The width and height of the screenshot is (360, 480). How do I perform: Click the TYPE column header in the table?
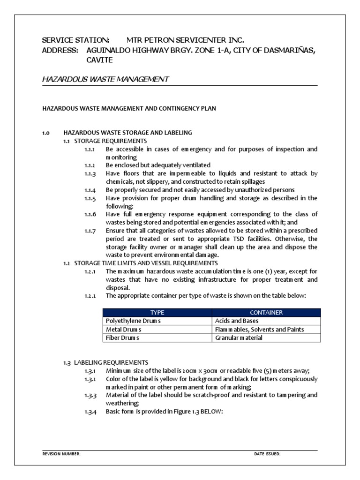click(x=157, y=313)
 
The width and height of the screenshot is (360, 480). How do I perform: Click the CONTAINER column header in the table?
click(x=266, y=313)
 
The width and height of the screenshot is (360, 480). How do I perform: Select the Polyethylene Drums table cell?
click(x=134, y=321)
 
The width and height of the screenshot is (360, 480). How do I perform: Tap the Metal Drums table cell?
click(x=124, y=330)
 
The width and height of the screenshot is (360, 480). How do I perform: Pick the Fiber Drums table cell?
click(x=123, y=338)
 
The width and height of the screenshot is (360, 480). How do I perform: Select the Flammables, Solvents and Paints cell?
click(x=259, y=330)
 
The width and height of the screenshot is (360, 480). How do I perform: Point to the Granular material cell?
click(x=239, y=338)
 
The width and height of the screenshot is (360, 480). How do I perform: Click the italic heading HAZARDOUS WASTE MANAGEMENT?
click(x=105, y=79)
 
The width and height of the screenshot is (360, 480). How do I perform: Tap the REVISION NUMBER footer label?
click(x=61, y=454)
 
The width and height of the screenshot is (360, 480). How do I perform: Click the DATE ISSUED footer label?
click(x=267, y=454)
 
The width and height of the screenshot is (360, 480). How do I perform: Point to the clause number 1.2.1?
click(x=90, y=272)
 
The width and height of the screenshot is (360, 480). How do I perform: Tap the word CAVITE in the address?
click(x=99, y=60)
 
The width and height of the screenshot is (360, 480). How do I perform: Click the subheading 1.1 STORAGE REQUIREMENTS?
click(x=105, y=141)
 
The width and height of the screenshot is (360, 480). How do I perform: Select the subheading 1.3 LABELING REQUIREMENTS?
click(x=105, y=362)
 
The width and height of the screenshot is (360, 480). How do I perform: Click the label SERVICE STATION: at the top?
click(x=76, y=40)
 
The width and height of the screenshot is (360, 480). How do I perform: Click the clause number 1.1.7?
click(x=90, y=231)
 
